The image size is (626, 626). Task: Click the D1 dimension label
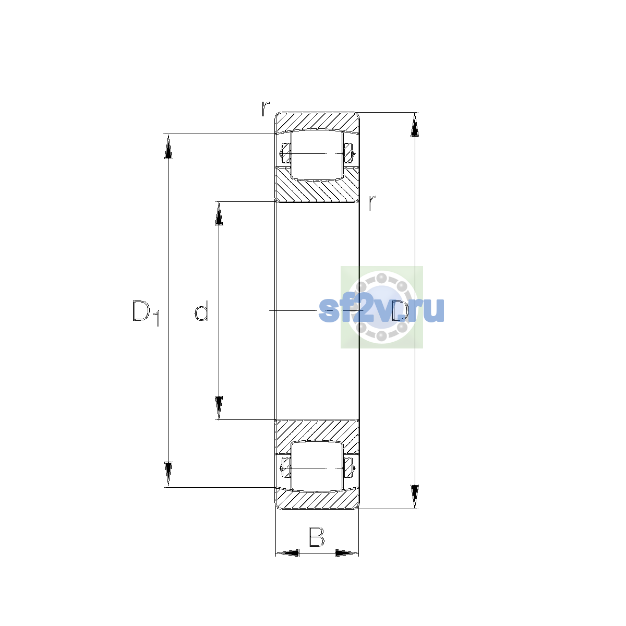[x=146, y=313]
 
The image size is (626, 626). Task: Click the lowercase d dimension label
[x=201, y=311]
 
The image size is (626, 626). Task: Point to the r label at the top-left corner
[x=266, y=109]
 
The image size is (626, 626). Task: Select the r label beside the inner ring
[x=372, y=203]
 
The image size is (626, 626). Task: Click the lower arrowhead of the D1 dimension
[x=168, y=474]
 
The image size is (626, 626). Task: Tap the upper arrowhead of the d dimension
[x=219, y=214]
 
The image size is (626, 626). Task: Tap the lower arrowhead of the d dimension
[x=219, y=408]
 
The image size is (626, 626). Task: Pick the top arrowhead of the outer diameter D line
[x=415, y=125]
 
